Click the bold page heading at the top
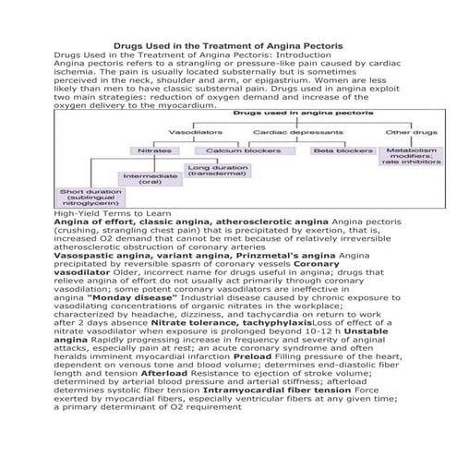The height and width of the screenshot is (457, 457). pos(228,44)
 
